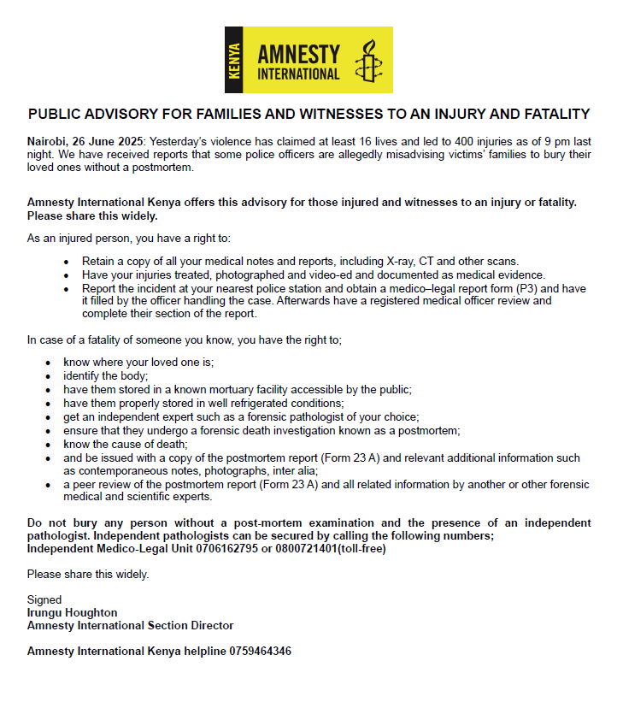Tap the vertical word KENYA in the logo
236,60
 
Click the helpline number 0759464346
260,651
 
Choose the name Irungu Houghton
73,613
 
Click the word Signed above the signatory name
44,600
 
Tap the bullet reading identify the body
105,375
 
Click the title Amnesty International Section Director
130,625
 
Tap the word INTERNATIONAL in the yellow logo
298,74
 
